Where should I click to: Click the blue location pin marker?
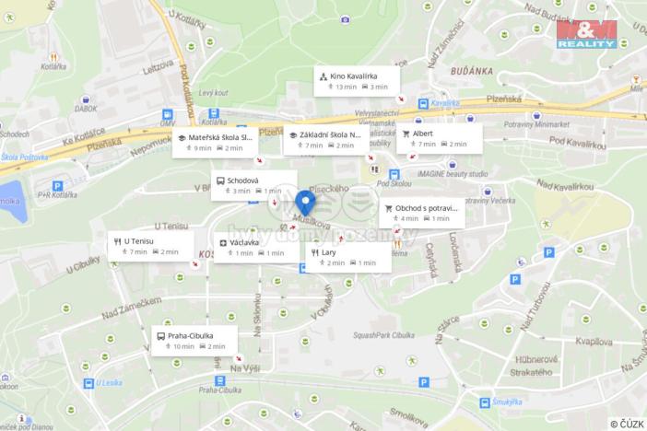[306, 202]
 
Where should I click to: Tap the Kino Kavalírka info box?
[357, 80]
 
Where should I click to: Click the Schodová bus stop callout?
[253, 185]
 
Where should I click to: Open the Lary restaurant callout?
[348, 257]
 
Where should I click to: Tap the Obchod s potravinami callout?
[421, 213]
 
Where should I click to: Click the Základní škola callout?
[326, 140]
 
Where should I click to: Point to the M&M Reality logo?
[586, 34]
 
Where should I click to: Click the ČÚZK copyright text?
[627, 423]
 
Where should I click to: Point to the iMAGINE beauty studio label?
[452, 173]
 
